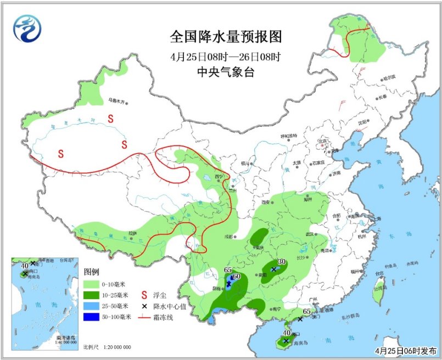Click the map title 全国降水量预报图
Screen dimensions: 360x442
[x=226, y=37]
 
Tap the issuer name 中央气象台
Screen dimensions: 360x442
[x=225, y=72]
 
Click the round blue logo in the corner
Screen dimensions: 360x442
[x=27, y=27]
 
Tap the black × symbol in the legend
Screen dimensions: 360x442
[x=145, y=306]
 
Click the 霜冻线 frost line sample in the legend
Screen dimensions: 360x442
[x=146, y=317]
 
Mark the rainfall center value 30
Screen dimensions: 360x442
[x=282, y=262]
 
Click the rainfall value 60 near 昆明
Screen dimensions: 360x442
[x=237, y=277]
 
